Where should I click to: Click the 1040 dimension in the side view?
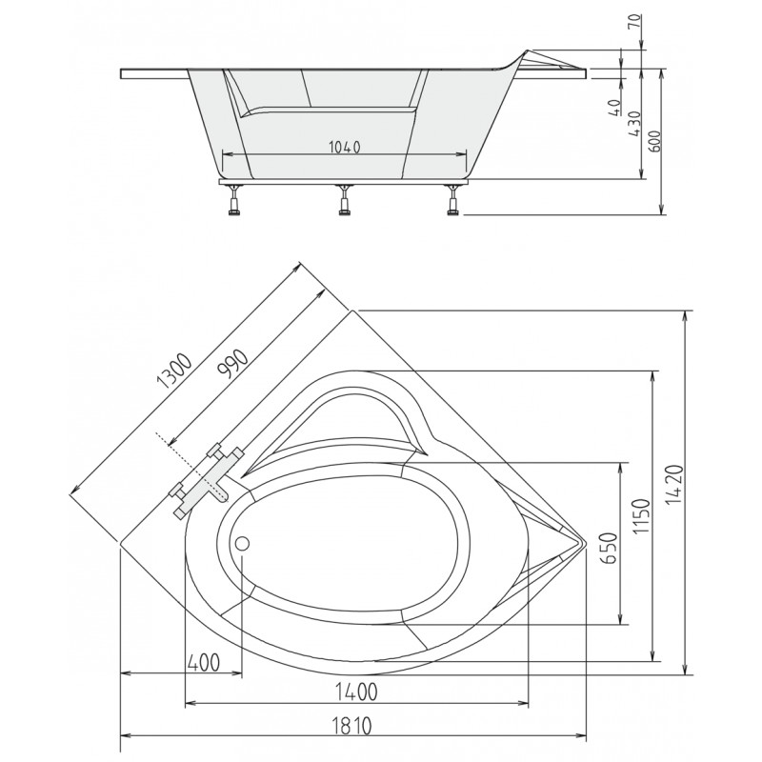(x=345, y=147)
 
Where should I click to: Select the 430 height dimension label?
(x=634, y=124)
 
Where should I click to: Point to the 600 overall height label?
(x=654, y=141)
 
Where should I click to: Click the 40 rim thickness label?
(x=614, y=107)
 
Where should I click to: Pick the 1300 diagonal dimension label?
(x=175, y=371)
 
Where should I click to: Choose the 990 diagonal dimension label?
(x=232, y=364)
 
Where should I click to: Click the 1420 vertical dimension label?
(x=676, y=485)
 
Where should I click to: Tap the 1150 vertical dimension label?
(x=640, y=515)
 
